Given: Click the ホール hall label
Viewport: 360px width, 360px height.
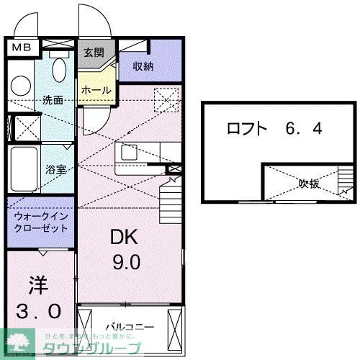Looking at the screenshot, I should [96, 91].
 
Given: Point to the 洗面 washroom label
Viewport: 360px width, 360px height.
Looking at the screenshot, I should [53, 100].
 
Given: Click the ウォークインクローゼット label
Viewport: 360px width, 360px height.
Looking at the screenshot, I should [40, 221].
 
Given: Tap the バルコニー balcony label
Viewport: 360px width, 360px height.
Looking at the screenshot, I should [130, 326].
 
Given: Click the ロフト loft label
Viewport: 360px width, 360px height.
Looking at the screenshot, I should [247, 130].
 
